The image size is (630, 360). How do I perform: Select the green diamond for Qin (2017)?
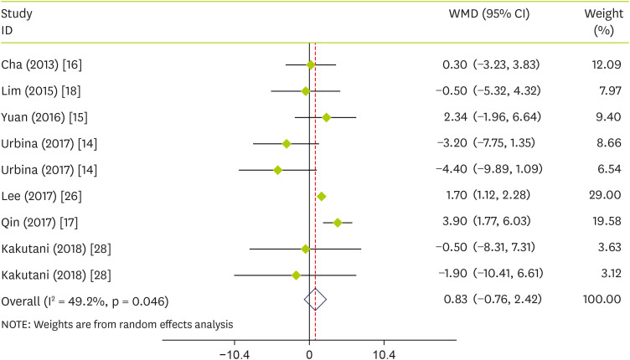[338, 223]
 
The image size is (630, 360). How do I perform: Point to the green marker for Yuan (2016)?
[326, 117]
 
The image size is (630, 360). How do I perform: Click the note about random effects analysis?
[118, 323]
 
